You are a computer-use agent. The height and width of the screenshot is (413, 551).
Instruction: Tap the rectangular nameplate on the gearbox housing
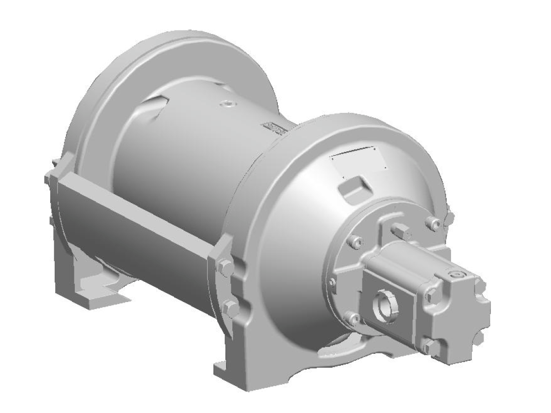(358, 160)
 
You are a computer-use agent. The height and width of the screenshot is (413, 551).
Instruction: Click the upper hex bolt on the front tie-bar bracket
(227, 267)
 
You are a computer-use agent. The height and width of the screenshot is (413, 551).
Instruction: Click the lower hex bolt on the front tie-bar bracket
(230, 309)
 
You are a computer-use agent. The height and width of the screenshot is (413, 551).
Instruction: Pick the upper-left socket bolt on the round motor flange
(356, 241)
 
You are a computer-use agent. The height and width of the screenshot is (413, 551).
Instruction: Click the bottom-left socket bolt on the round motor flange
(352, 318)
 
